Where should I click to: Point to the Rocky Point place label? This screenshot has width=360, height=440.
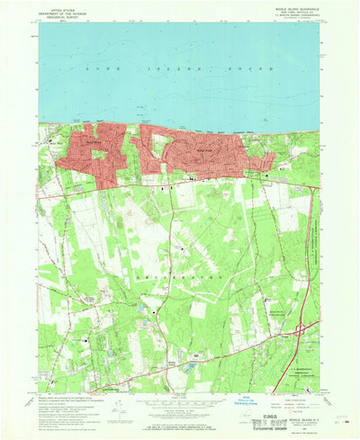pos(202,149)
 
